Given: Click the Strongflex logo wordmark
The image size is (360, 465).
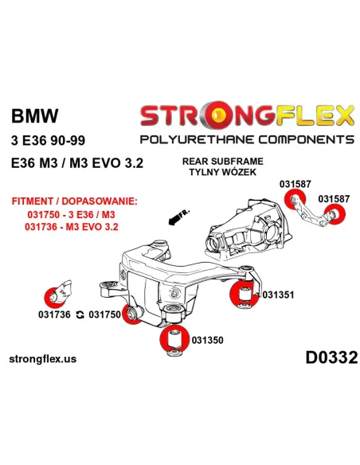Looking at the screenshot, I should point(247,116).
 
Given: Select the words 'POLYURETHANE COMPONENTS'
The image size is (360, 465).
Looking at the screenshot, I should point(247,140).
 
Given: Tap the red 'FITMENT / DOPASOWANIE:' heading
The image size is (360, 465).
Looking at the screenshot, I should point(72,203).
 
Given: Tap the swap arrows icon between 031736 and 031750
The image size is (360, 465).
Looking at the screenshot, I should point(80,315).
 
